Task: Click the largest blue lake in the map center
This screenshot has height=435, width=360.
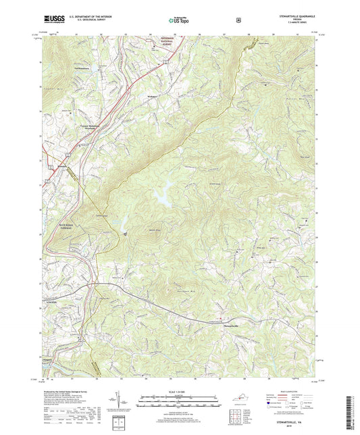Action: click(164, 195)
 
